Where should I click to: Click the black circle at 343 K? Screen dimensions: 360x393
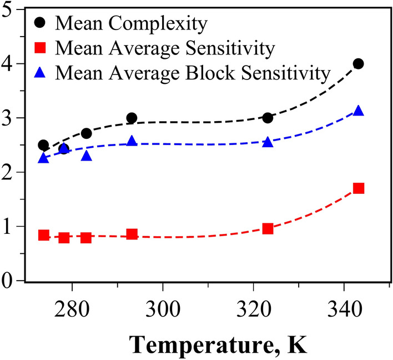pos(358,64)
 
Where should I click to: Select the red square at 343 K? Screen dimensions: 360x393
pos(358,188)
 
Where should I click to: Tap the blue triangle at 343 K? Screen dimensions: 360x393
pos(358,111)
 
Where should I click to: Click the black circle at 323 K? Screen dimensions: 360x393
pos(268,118)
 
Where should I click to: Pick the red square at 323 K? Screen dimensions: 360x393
pos(268,228)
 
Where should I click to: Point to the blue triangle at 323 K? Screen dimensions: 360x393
pos(268,142)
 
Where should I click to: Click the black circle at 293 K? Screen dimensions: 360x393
pos(132,118)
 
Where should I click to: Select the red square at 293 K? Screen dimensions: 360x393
pos(132,234)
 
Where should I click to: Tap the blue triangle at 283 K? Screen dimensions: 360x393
pos(86,156)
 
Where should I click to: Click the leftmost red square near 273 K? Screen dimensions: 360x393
pos(43,235)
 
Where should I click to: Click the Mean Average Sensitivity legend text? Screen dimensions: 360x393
pos(165,49)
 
